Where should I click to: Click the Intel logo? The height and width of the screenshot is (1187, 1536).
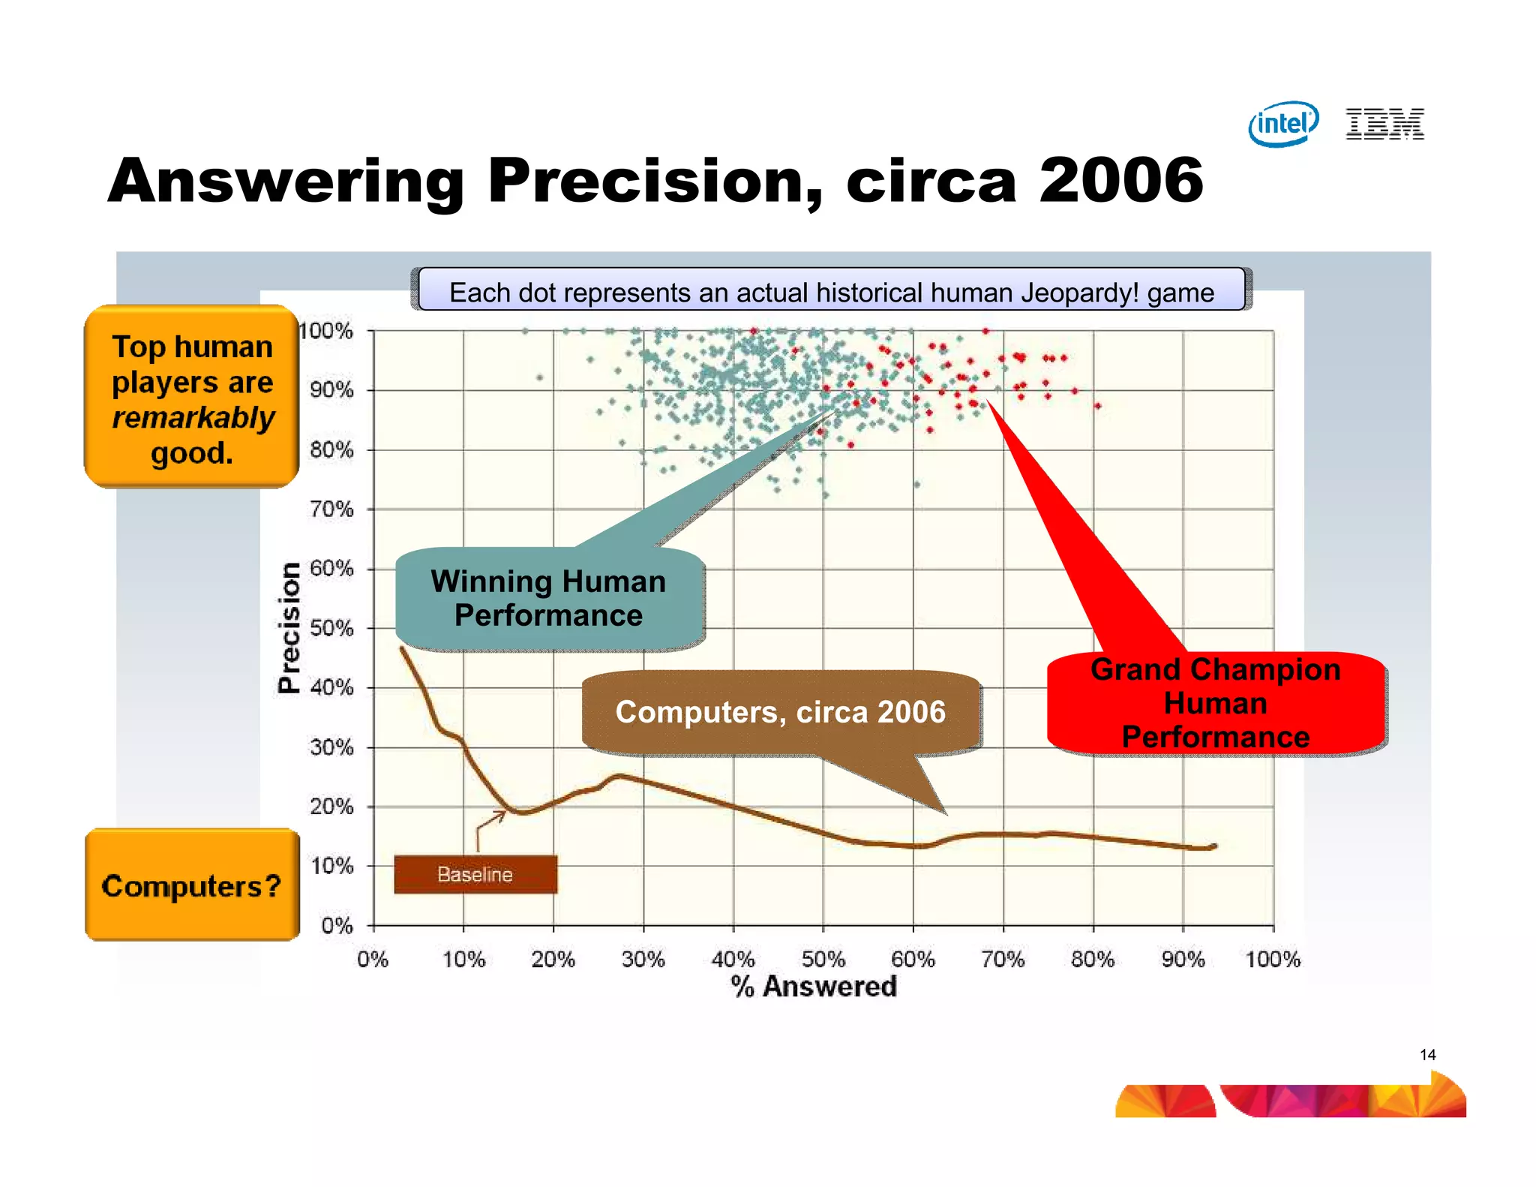pos(1283,124)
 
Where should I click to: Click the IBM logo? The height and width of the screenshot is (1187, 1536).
pos(1384,124)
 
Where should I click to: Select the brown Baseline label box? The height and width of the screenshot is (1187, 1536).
pos(475,874)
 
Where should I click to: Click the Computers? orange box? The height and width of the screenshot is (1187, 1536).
pos(192,885)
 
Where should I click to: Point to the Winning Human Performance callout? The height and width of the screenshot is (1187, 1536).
pos(549,599)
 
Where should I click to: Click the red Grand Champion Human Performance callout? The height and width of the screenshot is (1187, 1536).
pos(1215,703)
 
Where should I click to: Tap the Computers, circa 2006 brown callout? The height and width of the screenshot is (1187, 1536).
pos(780,712)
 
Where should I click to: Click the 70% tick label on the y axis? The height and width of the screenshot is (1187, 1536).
pos(331,509)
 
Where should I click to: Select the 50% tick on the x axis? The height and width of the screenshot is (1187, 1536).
pos(823,959)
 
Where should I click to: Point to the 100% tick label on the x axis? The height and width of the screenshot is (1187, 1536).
pos(1273,959)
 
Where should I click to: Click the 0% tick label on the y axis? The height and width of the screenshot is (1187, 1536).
pos(337,925)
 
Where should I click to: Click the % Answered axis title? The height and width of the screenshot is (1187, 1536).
pos(814,986)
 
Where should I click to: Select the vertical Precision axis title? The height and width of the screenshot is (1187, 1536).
pos(289,627)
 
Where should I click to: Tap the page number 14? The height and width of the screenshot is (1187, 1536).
pos(1427,1055)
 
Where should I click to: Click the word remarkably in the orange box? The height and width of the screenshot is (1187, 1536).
pos(193,418)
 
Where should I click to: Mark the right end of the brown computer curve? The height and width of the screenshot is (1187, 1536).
pos(1214,846)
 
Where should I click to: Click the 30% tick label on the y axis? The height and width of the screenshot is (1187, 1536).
pos(331,747)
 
